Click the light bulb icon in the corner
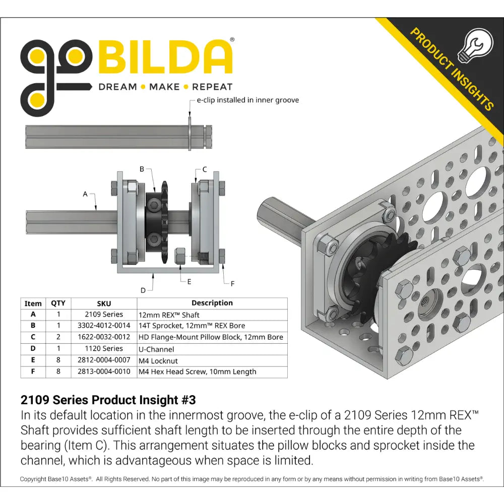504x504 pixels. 475,45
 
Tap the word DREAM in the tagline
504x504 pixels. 117,87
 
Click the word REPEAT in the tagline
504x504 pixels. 212,87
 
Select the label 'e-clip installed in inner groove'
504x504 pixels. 248,100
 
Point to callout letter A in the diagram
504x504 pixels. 85,194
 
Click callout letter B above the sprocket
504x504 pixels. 142,169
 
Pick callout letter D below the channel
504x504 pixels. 143,290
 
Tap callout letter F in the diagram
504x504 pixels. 232,283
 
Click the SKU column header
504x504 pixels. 104,303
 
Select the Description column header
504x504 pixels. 212,303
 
